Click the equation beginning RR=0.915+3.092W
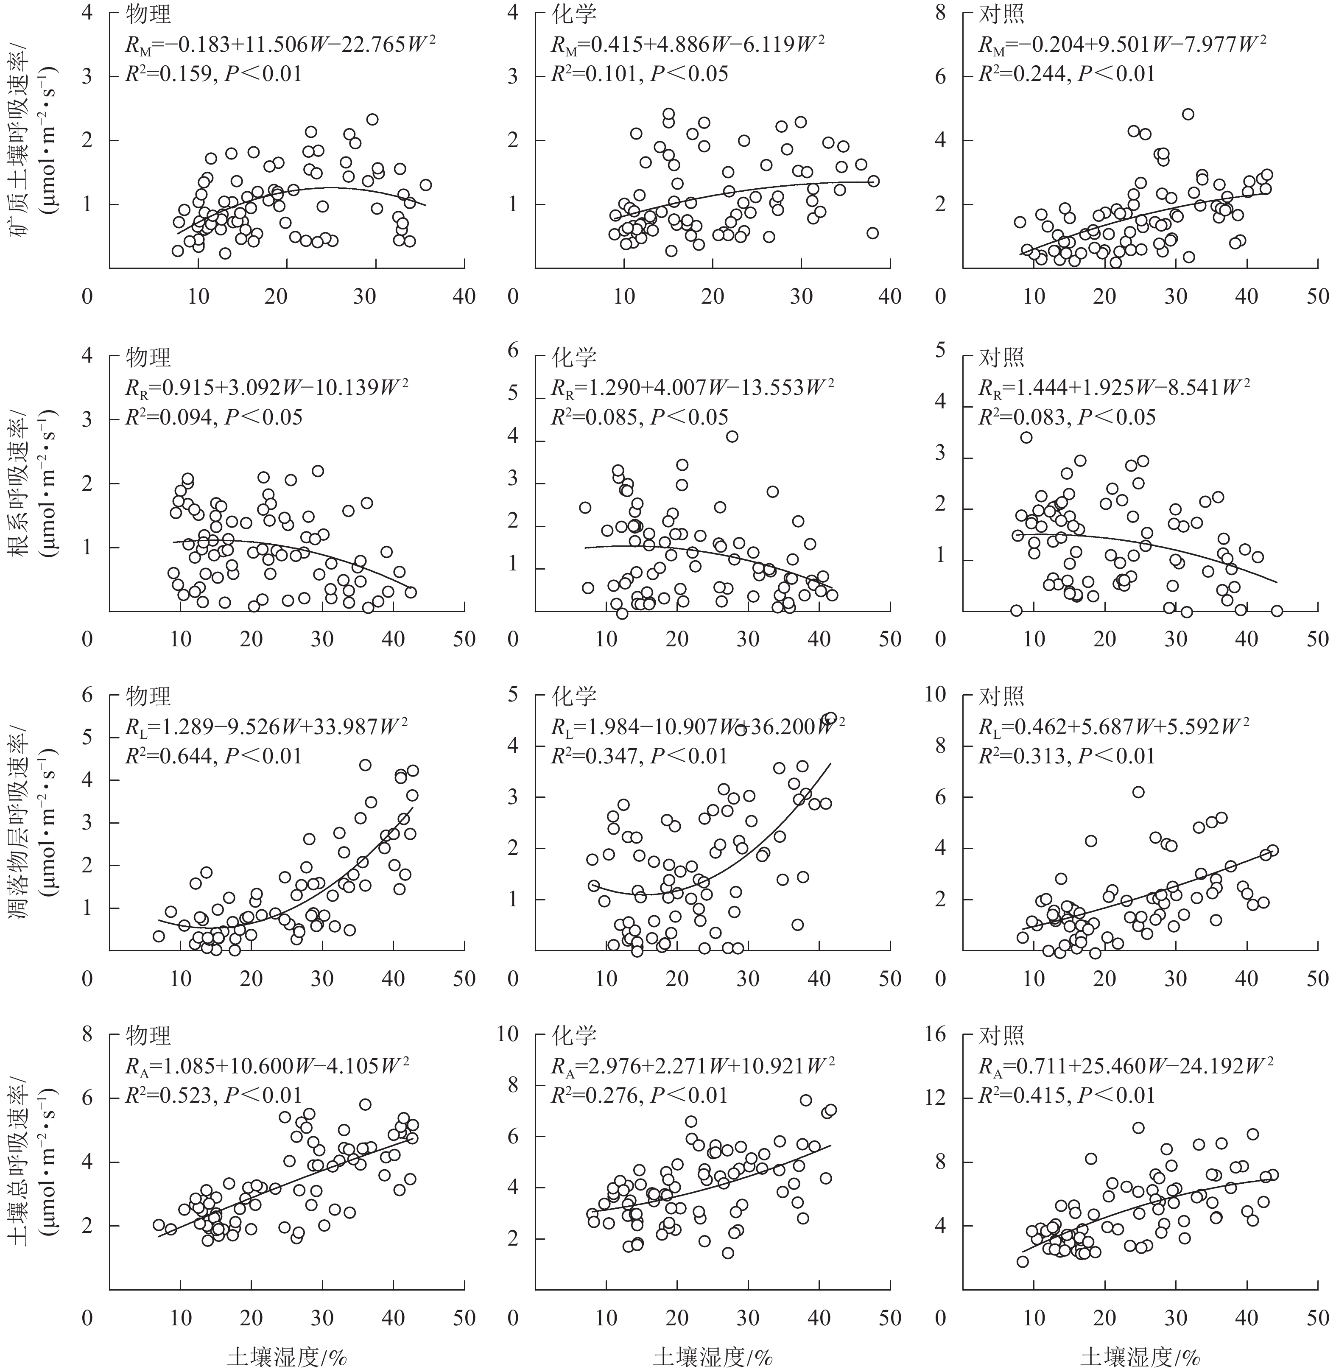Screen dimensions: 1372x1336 [267, 387]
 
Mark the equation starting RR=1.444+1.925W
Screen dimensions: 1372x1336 [1114, 387]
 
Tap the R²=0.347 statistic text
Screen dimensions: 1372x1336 [640, 756]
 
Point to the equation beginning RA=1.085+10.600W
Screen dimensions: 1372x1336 [267, 1065]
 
